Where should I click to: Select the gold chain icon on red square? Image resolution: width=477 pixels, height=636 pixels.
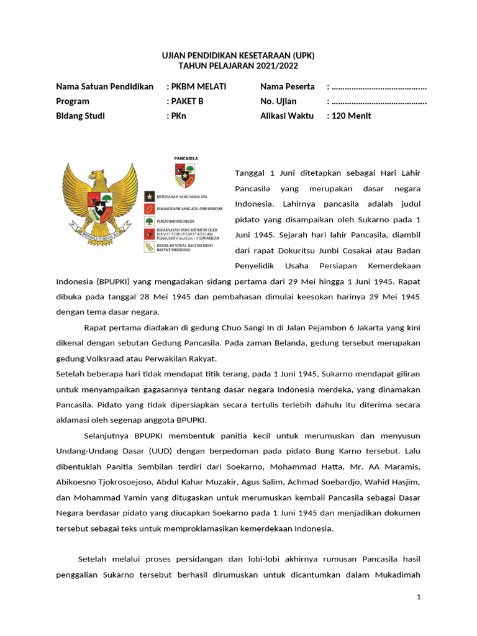tap(149, 209)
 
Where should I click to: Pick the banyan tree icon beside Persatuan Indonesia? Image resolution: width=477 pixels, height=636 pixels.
tap(149, 221)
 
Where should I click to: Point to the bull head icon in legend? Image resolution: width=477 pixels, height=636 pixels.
tap(149, 234)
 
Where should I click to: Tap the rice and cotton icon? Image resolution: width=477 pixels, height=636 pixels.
tap(149, 247)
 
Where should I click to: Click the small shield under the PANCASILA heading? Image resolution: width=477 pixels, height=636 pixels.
tap(185, 176)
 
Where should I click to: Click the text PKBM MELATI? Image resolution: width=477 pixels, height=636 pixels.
tap(199, 86)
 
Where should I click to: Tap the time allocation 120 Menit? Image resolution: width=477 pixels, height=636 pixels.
tap(352, 116)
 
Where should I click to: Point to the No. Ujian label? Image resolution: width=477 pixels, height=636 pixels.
tap(278, 101)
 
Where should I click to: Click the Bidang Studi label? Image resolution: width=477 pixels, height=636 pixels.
tap(80, 116)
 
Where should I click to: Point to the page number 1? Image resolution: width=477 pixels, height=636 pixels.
tap(419, 597)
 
